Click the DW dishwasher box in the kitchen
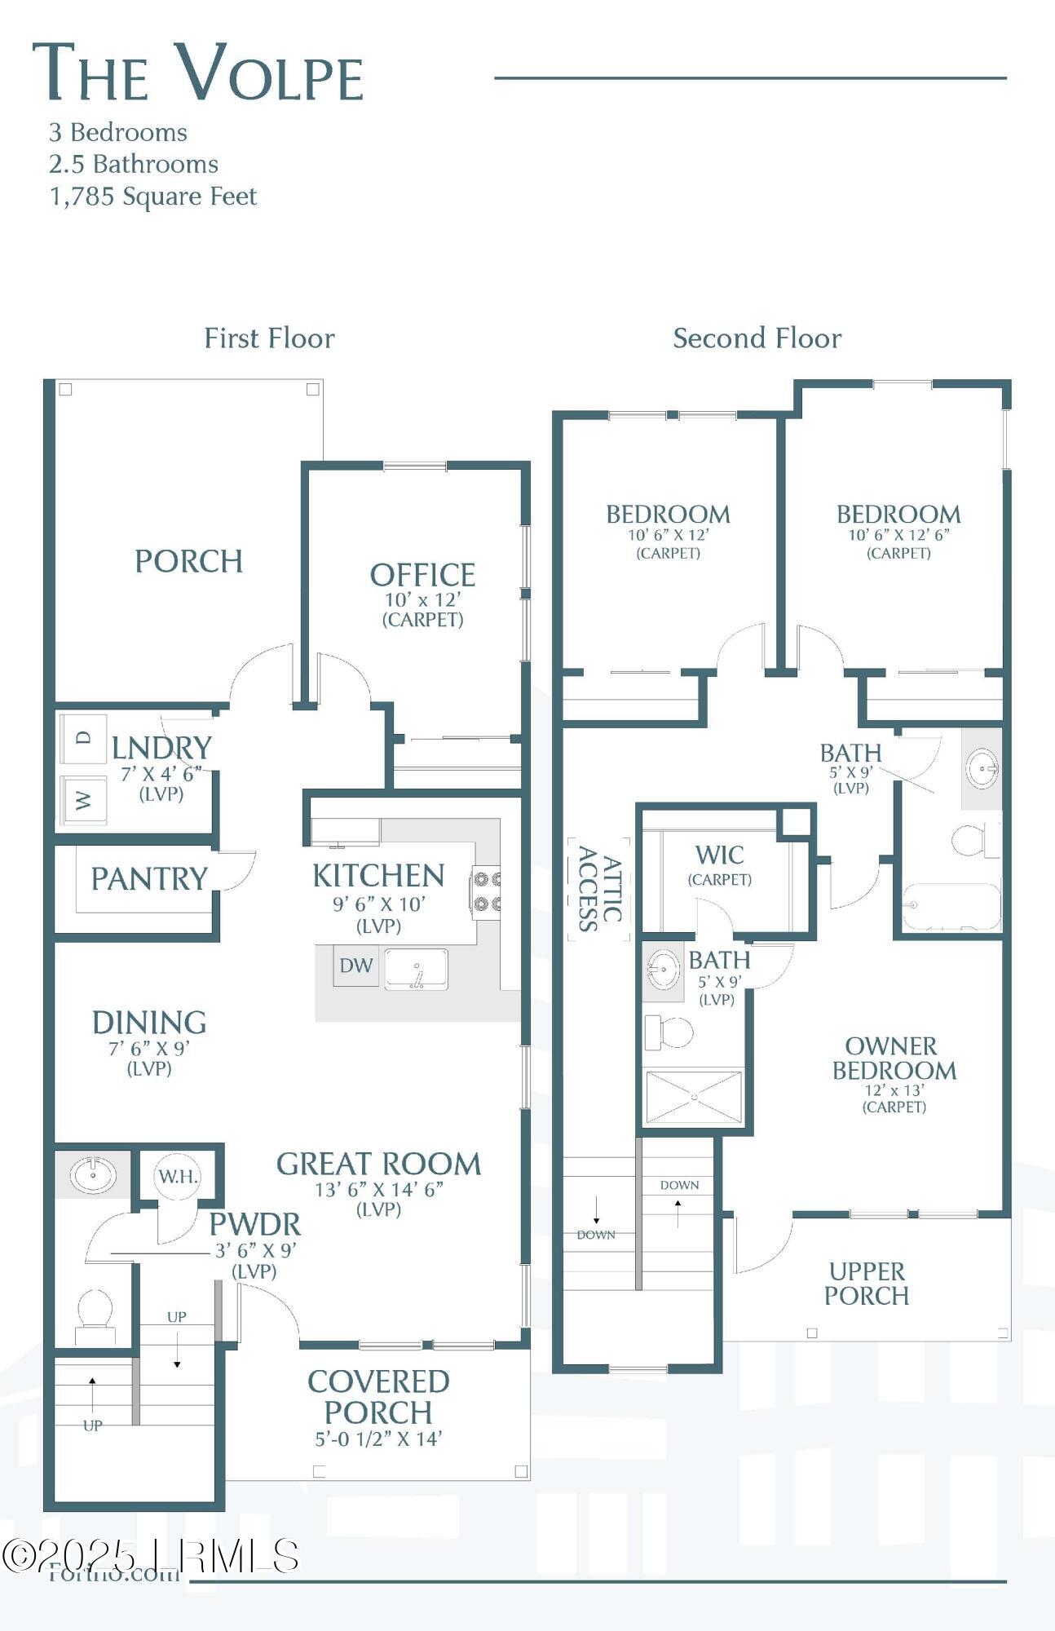pyautogui.click(x=356, y=966)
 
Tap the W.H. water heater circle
pyautogui.click(x=178, y=1176)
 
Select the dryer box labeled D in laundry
pyautogui.click(x=84, y=739)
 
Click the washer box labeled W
pyautogui.click(x=84, y=800)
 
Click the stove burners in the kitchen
pyautogui.click(x=486, y=891)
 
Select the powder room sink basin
pyautogui.click(x=92, y=1175)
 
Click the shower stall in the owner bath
pyautogui.click(x=694, y=1097)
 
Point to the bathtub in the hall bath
pyautogui.click(x=951, y=906)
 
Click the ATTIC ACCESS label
pyautogui.click(x=599, y=889)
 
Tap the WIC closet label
pyautogui.click(x=719, y=855)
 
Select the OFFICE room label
pyautogui.click(x=422, y=576)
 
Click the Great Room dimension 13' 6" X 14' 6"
pyautogui.click(x=378, y=1190)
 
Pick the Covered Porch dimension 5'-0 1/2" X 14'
pyautogui.click(x=378, y=1439)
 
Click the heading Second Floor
pyautogui.click(x=757, y=338)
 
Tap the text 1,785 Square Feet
pyautogui.click(x=153, y=197)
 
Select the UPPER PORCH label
pyautogui.click(x=866, y=1284)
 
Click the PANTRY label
pyautogui.click(x=149, y=879)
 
